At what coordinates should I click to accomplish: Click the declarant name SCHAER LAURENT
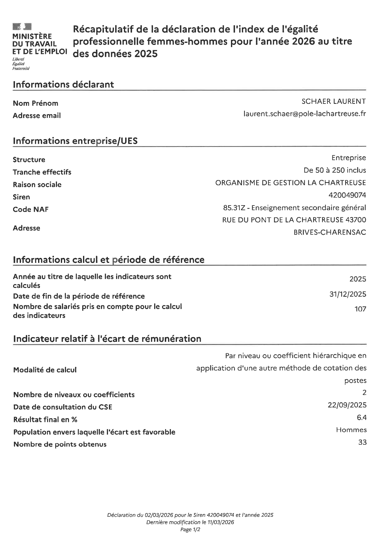click(x=333, y=101)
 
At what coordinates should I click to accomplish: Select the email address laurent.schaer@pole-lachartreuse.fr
click(x=304, y=114)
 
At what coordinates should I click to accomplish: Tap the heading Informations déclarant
click(x=63, y=85)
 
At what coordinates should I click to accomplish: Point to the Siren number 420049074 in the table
click(x=347, y=195)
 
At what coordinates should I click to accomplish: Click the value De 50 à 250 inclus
click(x=335, y=170)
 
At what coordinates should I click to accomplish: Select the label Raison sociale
click(x=37, y=185)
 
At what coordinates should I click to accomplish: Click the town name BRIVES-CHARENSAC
click(x=330, y=232)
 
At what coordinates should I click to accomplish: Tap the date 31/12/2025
click(x=348, y=294)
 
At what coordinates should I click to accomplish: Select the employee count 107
click(x=360, y=309)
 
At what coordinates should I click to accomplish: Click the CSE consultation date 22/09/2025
click(x=347, y=405)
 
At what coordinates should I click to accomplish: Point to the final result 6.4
click(x=361, y=417)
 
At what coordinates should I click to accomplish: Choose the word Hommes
click(x=351, y=430)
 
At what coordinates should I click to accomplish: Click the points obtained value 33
click(x=362, y=442)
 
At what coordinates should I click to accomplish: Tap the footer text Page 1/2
click(x=190, y=530)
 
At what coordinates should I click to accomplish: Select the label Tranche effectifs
click(x=42, y=172)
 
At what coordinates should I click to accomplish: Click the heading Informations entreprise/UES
click(x=75, y=141)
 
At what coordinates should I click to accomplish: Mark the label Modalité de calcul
click(x=45, y=370)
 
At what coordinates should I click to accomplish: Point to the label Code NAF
click(x=31, y=210)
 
